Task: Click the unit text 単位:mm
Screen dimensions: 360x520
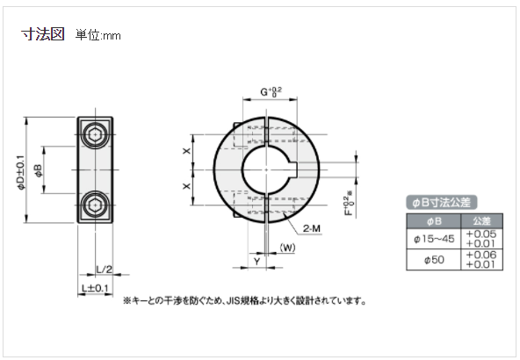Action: point(97,36)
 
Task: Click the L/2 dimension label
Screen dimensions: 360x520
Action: point(104,269)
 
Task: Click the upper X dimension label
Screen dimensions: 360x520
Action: point(186,150)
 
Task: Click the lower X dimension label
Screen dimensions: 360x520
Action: point(186,186)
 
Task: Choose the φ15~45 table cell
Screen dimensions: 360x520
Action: point(434,238)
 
